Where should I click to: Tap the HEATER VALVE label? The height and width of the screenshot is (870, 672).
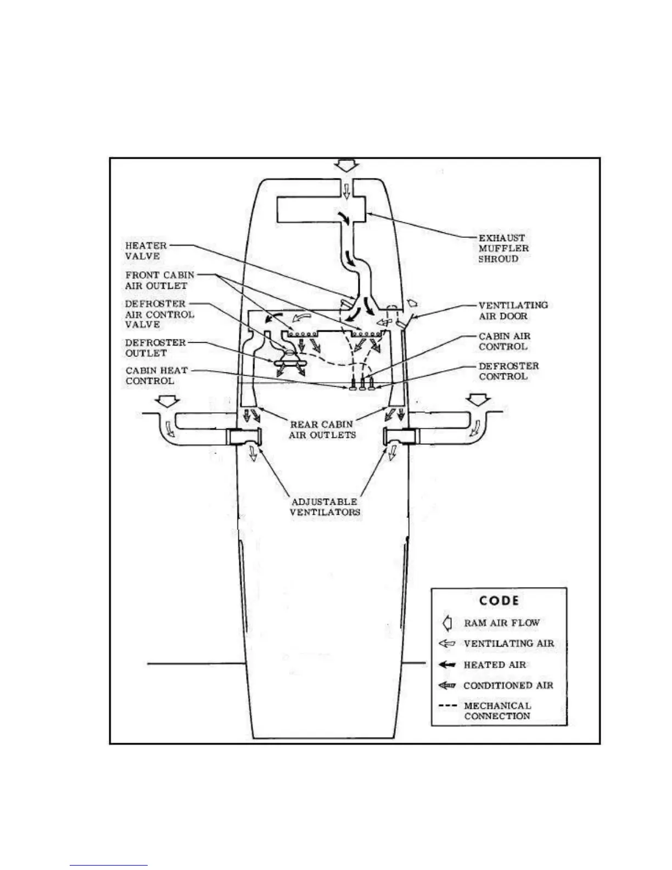point(145,251)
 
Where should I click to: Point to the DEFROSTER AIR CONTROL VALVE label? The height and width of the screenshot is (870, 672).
point(159,314)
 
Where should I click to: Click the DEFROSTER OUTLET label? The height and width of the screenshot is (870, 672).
point(155,348)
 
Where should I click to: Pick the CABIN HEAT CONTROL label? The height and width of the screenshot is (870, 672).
point(156,376)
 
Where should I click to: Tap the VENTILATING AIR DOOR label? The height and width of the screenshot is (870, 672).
point(513,310)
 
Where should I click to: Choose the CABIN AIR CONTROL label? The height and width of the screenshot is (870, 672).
point(504,341)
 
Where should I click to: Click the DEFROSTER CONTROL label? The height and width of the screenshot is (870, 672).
point(508,371)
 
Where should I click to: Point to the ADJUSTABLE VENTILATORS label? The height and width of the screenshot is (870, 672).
point(324,507)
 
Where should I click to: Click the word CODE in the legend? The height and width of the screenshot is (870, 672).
point(499,600)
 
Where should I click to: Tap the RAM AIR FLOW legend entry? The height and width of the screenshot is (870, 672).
point(501,623)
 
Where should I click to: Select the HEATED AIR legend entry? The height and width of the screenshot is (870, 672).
point(494,665)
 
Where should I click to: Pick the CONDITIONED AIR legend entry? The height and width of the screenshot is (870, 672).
point(508,685)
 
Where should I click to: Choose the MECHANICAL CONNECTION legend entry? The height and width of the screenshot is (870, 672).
point(496,711)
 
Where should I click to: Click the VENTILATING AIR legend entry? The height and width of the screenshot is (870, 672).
point(508,643)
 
